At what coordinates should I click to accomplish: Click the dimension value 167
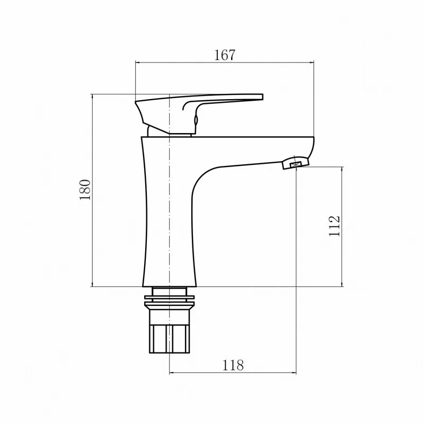[225, 55]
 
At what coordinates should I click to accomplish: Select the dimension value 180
[85, 190]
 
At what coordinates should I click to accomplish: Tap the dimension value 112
[334, 226]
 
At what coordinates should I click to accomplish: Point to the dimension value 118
[233, 365]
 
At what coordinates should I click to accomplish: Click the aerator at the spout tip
[295, 163]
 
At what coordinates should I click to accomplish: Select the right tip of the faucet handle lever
[261, 96]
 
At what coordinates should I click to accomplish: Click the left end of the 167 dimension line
[136, 63]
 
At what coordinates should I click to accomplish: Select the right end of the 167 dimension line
[314, 63]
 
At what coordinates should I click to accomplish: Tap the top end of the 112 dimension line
[342, 167]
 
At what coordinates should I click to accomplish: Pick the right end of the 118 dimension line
[296, 374]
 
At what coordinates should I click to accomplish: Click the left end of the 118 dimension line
[170, 374]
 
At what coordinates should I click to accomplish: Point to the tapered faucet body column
[169, 223]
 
